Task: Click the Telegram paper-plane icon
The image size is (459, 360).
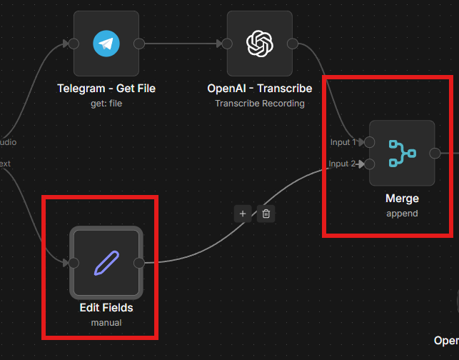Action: (x=106, y=44)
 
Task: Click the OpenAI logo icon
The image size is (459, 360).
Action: (x=259, y=44)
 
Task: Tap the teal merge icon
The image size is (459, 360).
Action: (x=402, y=153)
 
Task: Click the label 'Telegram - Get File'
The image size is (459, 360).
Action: (x=106, y=89)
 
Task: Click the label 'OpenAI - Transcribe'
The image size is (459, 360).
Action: (x=259, y=89)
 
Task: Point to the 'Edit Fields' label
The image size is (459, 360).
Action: (x=106, y=308)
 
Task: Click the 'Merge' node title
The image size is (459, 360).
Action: (x=402, y=199)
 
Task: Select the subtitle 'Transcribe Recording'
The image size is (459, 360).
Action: (x=259, y=103)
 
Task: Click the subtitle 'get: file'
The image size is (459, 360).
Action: (x=106, y=103)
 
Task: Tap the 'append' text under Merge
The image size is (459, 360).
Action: (x=402, y=213)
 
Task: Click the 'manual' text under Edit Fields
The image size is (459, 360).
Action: (x=106, y=322)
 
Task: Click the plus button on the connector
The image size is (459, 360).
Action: (x=243, y=213)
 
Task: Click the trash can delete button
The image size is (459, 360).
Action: (x=266, y=213)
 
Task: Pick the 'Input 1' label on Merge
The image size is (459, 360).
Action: (x=343, y=142)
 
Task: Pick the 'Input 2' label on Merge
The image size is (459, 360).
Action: (x=342, y=164)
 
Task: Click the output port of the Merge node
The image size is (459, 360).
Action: (x=435, y=153)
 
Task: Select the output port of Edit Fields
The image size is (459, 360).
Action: (x=139, y=263)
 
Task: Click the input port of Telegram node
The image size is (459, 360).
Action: (x=74, y=44)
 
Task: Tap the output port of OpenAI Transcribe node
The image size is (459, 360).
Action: (x=292, y=44)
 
